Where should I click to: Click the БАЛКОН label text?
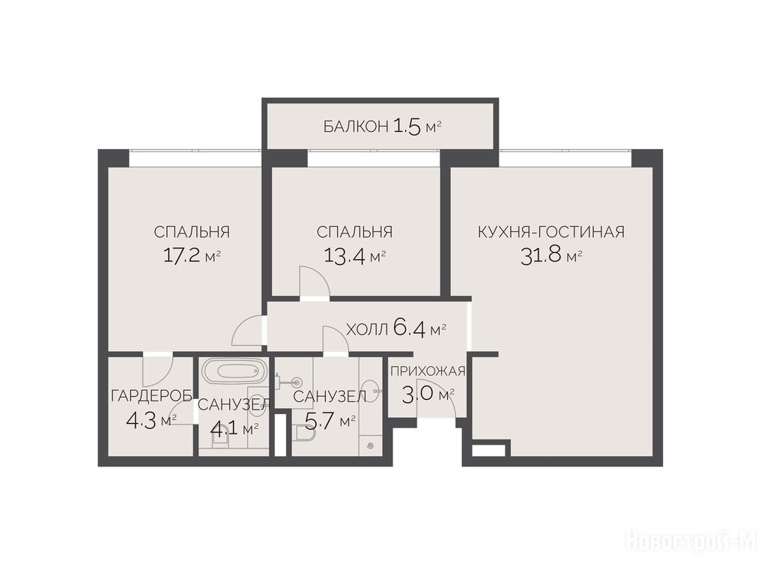[x=356, y=127]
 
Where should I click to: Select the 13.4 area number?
[x=345, y=256]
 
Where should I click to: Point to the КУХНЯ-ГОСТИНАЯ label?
[x=551, y=232]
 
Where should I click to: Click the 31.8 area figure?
[x=541, y=256]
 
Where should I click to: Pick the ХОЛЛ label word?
[x=367, y=329]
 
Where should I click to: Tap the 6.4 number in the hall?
[x=409, y=329]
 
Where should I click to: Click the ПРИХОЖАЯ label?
[x=428, y=371]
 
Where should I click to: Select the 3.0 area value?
[x=418, y=394]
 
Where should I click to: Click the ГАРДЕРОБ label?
[x=151, y=395]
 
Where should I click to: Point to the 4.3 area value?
[x=141, y=420]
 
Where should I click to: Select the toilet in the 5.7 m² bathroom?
[x=306, y=433]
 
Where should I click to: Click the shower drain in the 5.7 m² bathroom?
[x=370, y=445]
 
